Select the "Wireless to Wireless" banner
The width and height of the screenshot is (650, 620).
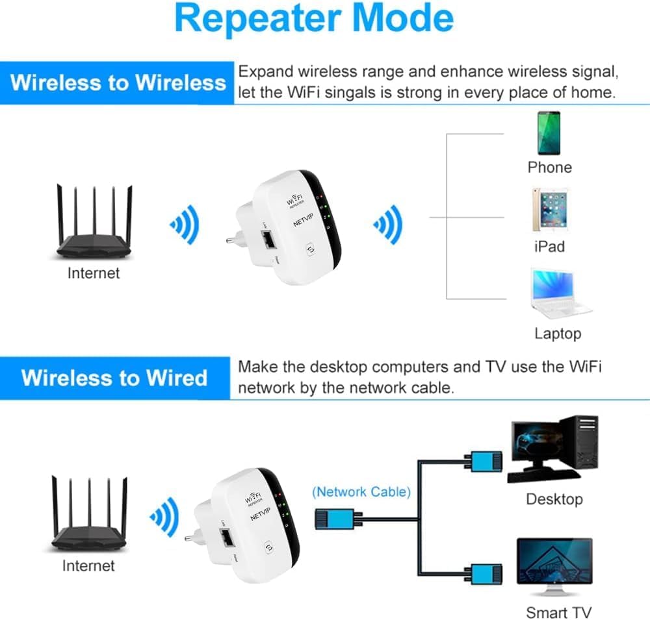[x=118, y=82]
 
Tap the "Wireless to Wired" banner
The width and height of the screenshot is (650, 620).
[x=114, y=377]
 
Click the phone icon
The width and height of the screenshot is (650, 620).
[x=548, y=133]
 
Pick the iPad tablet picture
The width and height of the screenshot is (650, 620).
[x=549, y=210]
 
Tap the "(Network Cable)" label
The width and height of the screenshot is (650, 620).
[x=361, y=491]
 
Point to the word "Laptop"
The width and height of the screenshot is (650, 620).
[x=557, y=334]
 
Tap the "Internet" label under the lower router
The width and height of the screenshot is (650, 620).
[x=88, y=565]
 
